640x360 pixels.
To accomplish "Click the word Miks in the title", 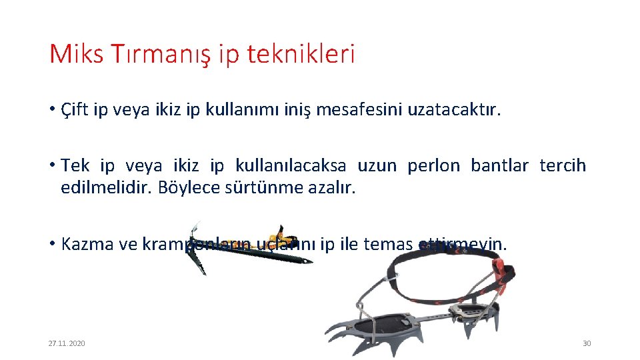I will pyautogui.click(x=76, y=53).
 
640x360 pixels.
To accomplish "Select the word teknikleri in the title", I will pyautogui.click(x=301, y=53).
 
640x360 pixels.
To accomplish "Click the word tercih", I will pyautogui.click(x=563, y=165).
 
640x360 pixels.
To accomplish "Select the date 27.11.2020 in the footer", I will pyautogui.click(x=67, y=343).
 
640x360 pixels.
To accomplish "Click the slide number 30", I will pyautogui.click(x=587, y=343).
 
